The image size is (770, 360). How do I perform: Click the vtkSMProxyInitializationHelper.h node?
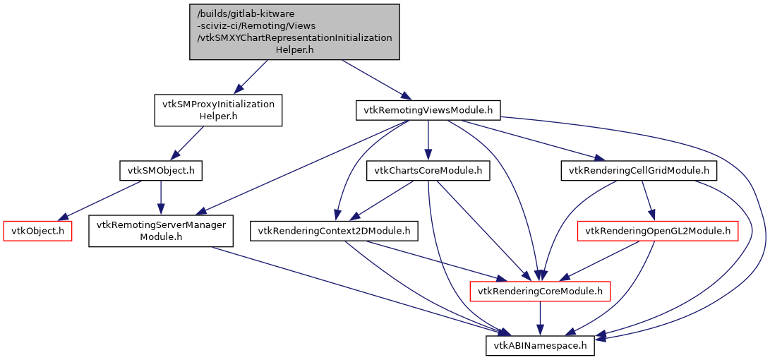218,110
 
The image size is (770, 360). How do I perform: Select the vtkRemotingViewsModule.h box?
428,110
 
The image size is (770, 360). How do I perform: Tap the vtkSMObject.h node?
161,170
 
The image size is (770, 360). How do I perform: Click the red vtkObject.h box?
38,231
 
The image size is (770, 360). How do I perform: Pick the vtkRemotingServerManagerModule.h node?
161,231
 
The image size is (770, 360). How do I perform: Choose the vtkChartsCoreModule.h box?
428,170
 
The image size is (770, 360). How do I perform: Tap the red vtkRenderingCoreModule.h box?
540,291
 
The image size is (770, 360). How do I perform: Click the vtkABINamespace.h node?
540,345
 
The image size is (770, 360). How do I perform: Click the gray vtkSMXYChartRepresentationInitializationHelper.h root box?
294,32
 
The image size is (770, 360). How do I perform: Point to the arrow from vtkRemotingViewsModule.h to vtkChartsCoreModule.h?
428,140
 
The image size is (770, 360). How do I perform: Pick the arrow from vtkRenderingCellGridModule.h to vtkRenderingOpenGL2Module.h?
648,200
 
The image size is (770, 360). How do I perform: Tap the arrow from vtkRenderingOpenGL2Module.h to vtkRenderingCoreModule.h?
600,260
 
